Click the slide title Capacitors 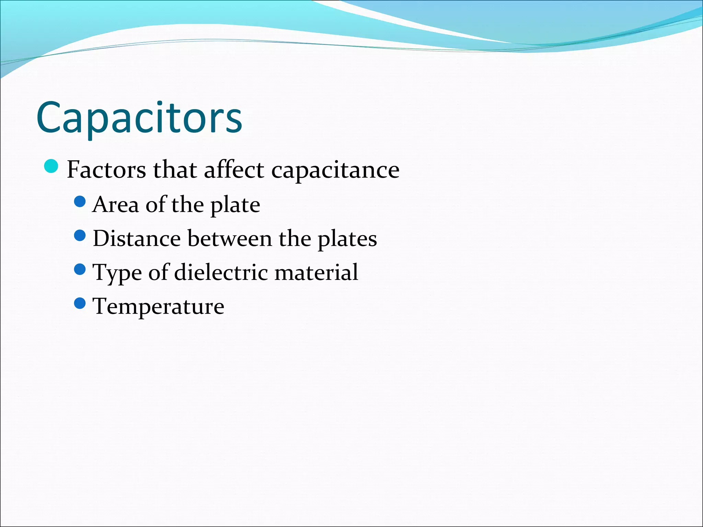click(139, 117)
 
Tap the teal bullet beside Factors click(51, 167)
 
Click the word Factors click(106, 169)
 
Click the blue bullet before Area click(80, 202)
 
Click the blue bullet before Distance click(80, 236)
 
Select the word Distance click(137, 238)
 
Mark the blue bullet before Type click(80, 269)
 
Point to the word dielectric click(221, 272)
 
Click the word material click(316, 272)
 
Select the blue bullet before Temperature click(80, 303)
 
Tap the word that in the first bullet click(175, 169)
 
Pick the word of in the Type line click(158, 272)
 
